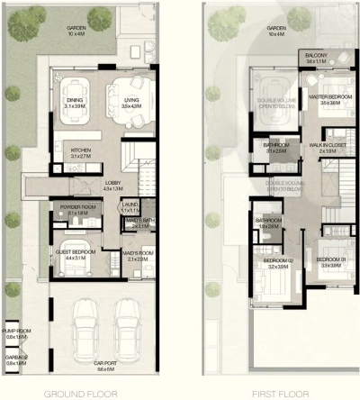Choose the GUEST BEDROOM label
pos(75,255)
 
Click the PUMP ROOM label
pos(16,333)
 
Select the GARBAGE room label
pos(16,360)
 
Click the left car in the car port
pos(86,325)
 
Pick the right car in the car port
pos(125,325)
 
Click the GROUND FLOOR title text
pos(88,394)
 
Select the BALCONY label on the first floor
pos(316,58)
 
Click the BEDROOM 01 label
pos(328,263)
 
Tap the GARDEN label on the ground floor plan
pos(76,31)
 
